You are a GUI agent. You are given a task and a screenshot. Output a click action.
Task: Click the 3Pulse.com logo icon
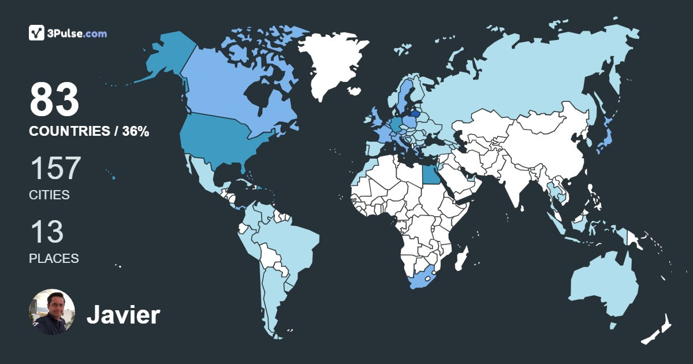tap(37, 33)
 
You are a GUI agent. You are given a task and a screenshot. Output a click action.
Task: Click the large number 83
tap(54, 100)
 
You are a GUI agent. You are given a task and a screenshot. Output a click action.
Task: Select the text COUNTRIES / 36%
tap(89, 132)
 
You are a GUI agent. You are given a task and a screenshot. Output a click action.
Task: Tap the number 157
tap(55, 168)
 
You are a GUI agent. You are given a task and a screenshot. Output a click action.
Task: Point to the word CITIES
tap(49, 195)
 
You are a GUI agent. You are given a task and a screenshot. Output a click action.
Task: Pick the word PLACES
tap(54, 258)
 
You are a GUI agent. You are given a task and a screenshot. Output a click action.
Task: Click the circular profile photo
tap(52, 312)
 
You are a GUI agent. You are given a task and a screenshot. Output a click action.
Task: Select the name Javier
tap(123, 315)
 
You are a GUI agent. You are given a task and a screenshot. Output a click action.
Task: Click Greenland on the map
tap(329, 64)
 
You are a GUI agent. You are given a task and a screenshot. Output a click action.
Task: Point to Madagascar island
tap(461, 258)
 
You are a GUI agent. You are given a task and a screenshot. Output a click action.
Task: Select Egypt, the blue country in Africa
tap(430, 173)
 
